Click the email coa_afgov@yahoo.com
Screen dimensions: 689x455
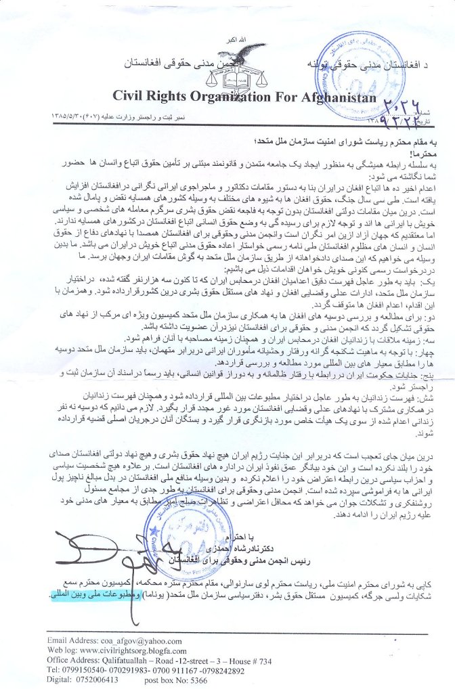click(x=133, y=640)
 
